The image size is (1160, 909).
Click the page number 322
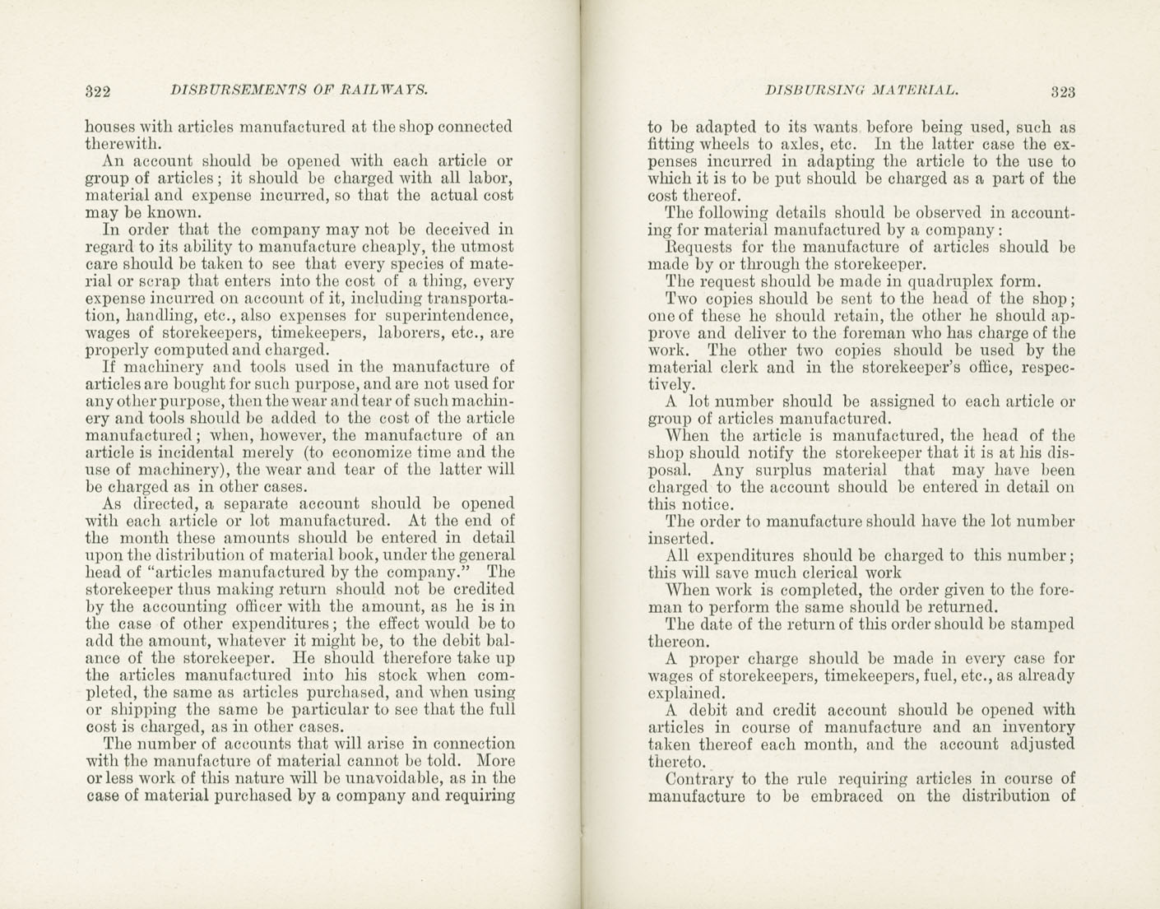pos(98,90)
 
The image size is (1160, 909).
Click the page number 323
pos(1062,91)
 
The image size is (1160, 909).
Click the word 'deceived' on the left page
pos(456,230)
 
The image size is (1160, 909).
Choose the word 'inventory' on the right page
pos(1039,726)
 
